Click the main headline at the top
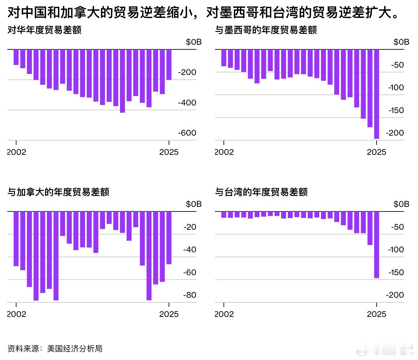pos(204,13)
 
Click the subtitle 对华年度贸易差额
pos(44,30)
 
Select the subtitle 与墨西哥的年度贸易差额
pos(266,30)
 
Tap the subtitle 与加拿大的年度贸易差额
pos(58,192)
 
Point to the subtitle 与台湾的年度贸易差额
pos(261,192)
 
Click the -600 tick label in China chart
pos(187,133)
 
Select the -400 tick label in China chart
pos(187,103)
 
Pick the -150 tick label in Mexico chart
pos(396,110)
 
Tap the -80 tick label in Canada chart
pos(189,295)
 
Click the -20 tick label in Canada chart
pos(189,227)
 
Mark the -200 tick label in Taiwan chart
pos(394,295)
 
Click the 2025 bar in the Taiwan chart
pos(377,245)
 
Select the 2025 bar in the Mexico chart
pos(377,94)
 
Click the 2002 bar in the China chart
pos(16,57)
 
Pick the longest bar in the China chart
pos(123,81)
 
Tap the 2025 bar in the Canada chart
pos(169,238)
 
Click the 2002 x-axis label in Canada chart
pos(17,314)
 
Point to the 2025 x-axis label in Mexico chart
pos(377,152)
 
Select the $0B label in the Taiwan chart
pos(401,204)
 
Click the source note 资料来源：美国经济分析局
pos(55,349)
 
